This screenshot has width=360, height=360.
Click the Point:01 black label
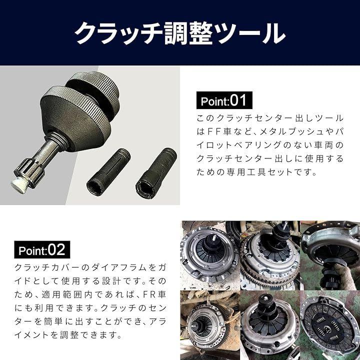(224, 100)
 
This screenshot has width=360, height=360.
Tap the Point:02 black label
(42, 249)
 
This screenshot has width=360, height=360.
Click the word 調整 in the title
(188, 34)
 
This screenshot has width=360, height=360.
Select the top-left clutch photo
(210, 255)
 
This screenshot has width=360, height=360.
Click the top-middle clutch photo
(270, 255)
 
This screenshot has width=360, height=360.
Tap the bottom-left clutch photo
(210, 325)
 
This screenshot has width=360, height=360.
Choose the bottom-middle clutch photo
(270, 325)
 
